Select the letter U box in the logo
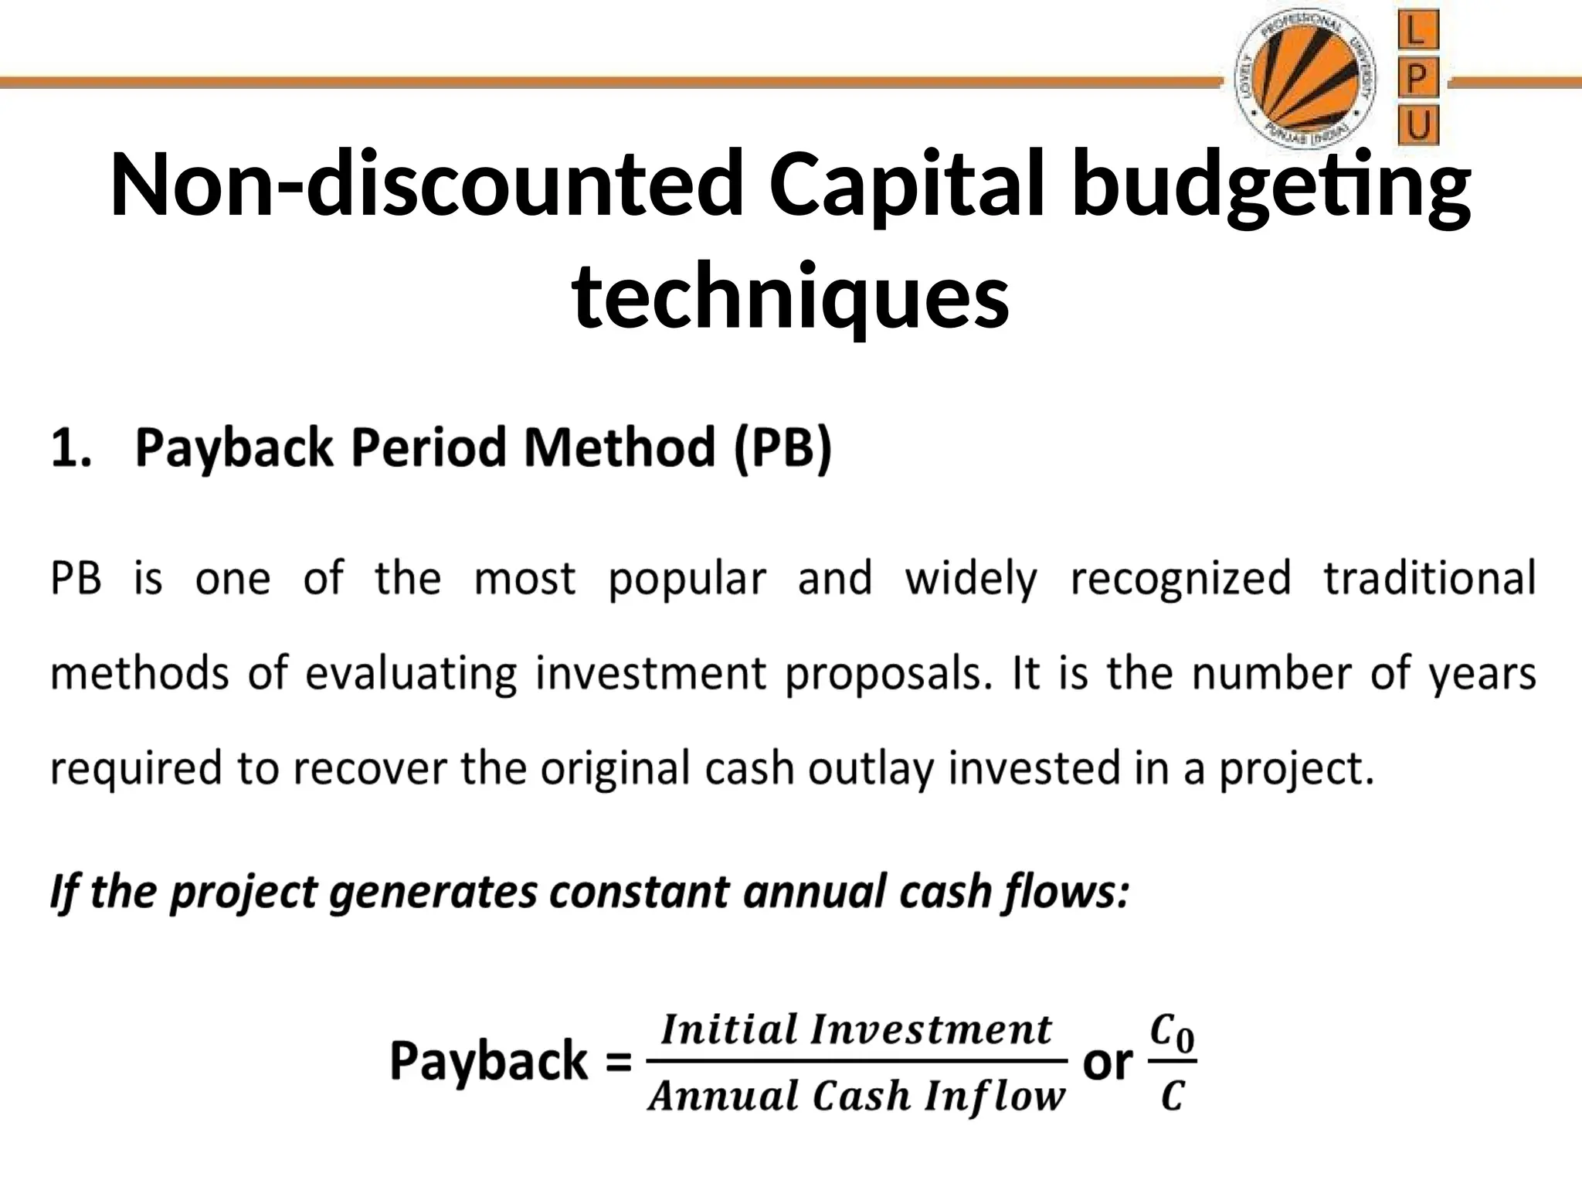tap(1417, 125)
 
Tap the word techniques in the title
tap(790, 296)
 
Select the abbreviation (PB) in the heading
tap(782, 448)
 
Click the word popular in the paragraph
tap(687, 580)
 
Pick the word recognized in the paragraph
tap(1180, 580)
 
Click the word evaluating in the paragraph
tap(410, 674)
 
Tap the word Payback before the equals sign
tap(489, 1061)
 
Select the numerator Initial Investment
tap(857, 1030)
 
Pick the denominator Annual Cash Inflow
tap(857, 1096)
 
